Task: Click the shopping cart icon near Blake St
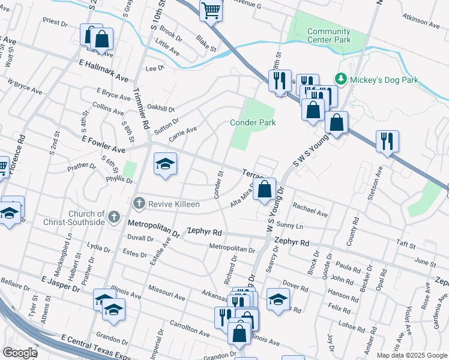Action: pos(211,10)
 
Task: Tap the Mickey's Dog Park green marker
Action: pos(341,79)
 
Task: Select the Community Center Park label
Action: pos(328,36)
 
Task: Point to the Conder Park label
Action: pos(253,122)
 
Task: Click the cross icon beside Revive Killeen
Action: pos(139,203)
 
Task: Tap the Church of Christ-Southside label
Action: pos(73,218)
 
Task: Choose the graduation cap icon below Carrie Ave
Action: pos(164,164)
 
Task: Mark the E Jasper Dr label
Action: pos(61,284)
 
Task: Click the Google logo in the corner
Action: pos(20,353)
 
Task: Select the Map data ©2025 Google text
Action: pos(412,355)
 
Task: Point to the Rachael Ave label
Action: pos(310,209)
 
